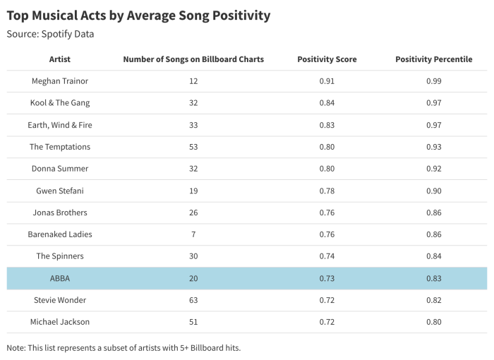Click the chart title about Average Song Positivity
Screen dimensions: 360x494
(138, 15)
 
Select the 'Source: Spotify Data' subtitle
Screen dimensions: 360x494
(50, 34)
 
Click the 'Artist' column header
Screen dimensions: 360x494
(60, 59)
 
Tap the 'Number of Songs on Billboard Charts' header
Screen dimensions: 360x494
(193, 59)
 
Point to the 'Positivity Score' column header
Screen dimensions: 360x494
(327, 59)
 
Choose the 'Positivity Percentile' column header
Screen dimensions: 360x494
(434, 59)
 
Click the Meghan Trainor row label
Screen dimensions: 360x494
(60, 81)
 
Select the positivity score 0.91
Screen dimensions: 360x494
(327, 81)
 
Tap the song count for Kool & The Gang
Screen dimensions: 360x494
(193, 103)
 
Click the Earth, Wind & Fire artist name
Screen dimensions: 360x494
(60, 125)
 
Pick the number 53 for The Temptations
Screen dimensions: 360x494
(193, 147)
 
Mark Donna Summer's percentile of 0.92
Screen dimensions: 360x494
(434, 169)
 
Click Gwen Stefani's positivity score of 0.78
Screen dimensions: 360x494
(327, 191)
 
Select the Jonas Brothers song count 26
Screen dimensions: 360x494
(193, 212)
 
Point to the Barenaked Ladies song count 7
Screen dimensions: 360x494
(193, 234)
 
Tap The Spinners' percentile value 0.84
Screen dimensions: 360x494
(434, 256)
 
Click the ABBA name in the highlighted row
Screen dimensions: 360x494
(60, 278)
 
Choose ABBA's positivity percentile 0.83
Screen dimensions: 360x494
(434, 278)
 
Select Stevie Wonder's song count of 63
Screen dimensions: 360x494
(193, 300)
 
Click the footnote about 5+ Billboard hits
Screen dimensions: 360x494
(123, 348)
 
